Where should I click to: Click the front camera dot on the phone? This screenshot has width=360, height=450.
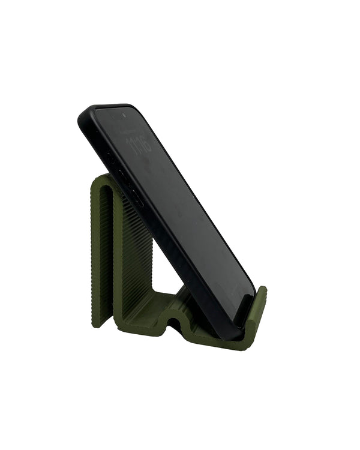[x=124, y=114]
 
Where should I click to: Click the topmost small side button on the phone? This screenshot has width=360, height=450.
[x=110, y=154]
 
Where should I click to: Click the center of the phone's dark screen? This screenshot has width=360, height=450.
[x=180, y=210]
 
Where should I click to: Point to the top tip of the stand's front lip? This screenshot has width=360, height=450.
[x=263, y=291]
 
